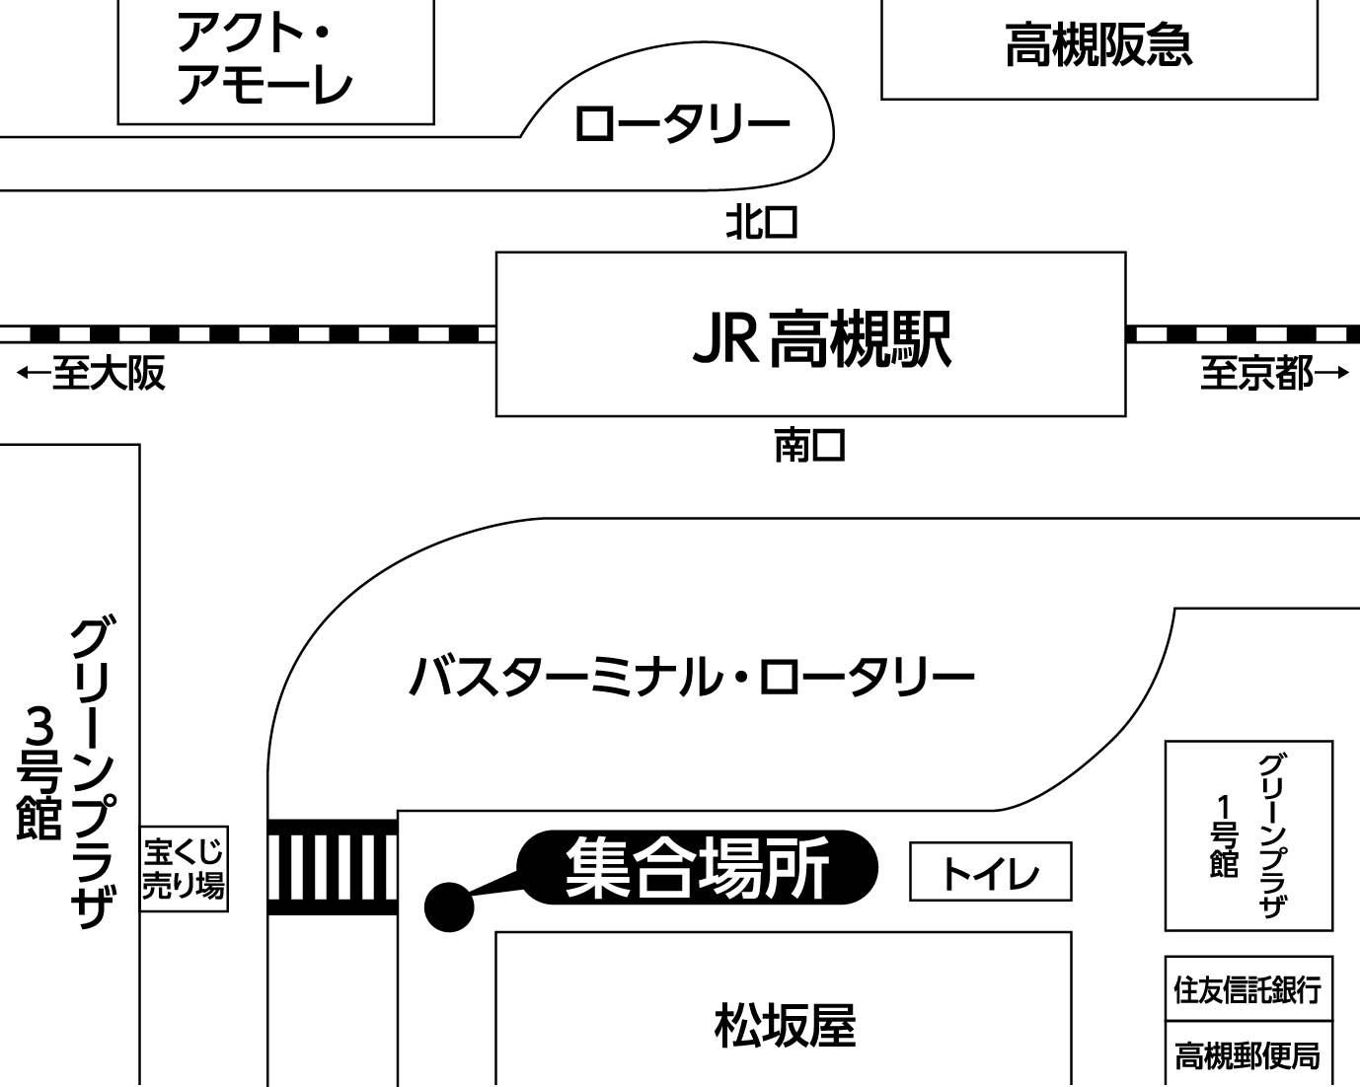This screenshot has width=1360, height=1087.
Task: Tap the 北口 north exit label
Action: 761,223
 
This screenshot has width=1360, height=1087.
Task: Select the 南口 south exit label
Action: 809,446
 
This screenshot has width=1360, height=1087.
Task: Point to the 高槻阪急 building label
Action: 1098,46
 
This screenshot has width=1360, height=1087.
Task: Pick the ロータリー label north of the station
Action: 682,125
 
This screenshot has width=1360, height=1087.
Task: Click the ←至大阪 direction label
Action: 91,374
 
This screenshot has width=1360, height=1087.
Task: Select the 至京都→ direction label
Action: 1273,374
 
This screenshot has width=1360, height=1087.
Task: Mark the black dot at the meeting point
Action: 449,906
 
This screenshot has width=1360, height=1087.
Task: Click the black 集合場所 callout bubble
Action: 697,868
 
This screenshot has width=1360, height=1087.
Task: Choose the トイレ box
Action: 990,872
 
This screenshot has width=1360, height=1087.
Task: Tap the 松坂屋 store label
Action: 785,1026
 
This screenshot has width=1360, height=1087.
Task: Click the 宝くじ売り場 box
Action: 184,869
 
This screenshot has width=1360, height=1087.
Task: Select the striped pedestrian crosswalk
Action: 333,867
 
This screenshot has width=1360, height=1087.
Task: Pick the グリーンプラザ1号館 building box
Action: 1248,835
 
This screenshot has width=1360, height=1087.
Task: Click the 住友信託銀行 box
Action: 1248,988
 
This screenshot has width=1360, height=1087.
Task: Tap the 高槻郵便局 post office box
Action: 1248,1055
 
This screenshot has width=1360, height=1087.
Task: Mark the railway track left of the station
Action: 247,333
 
